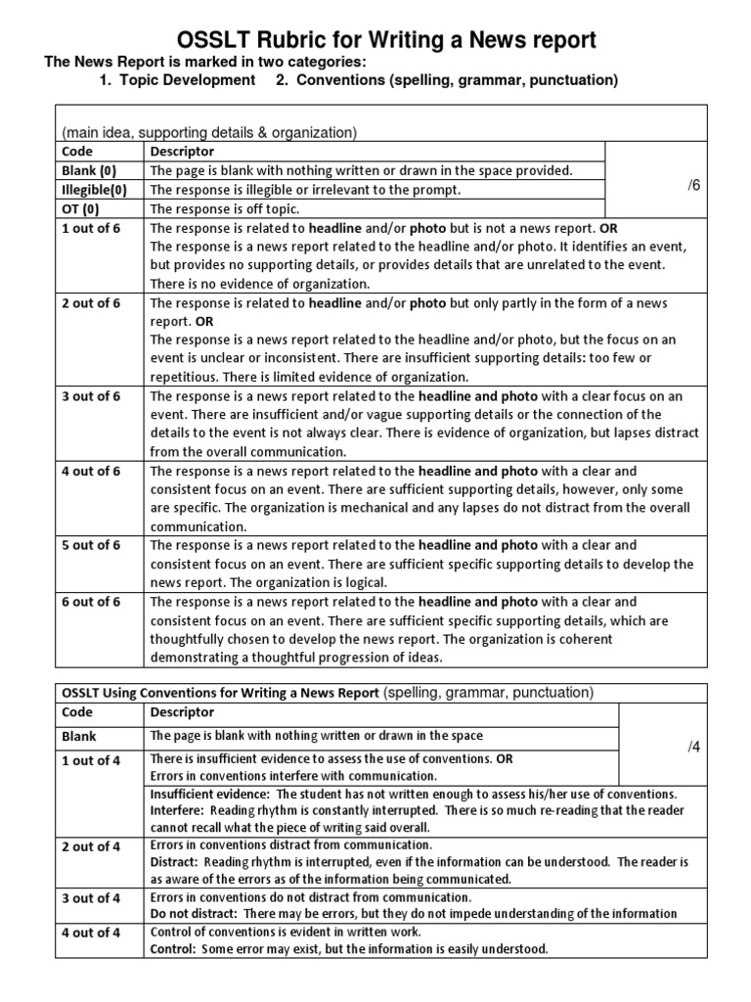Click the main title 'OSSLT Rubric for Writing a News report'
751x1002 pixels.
pyautogui.click(x=386, y=40)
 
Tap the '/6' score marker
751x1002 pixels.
pyautogui.click(x=694, y=185)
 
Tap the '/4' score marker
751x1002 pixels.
pyautogui.click(x=694, y=747)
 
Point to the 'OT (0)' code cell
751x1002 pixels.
pyautogui.click(x=80, y=209)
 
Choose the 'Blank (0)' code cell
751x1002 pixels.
pyautogui.click(x=86, y=170)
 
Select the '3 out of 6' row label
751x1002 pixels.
pyautogui.click(x=91, y=396)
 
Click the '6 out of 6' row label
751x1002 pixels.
pyautogui.click(x=91, y=602)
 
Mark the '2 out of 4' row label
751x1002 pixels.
pyautogui.click(x=91, y=846)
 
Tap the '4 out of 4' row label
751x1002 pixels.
pyautogui.click(x=91, y=933)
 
